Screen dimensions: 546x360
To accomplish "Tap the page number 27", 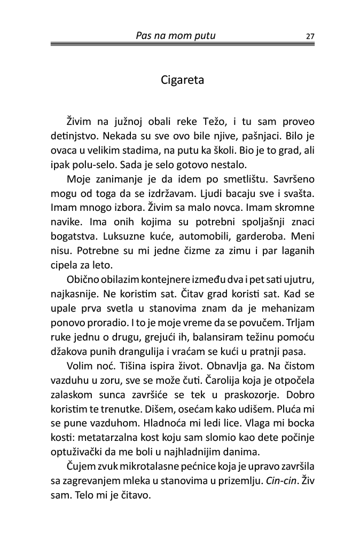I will pyautogui.click(x=310, y=36).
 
